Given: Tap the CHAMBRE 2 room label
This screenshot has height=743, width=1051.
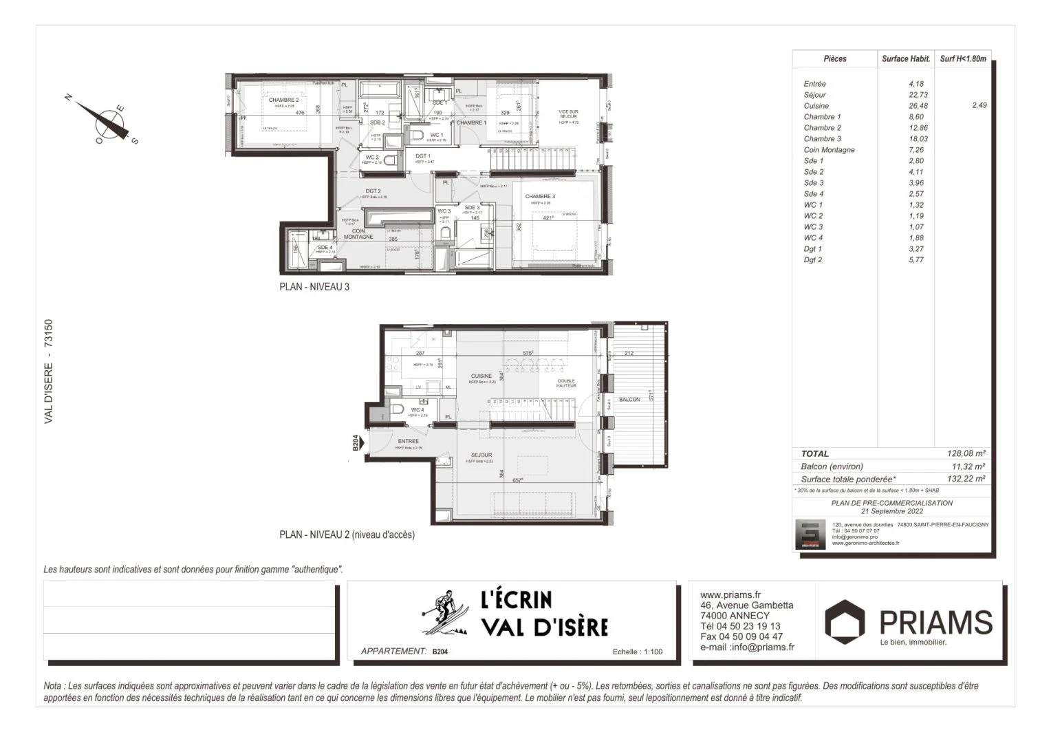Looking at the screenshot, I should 283,100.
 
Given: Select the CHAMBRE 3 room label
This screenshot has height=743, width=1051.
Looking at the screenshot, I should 540,197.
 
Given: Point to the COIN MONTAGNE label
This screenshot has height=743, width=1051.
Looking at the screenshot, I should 358,234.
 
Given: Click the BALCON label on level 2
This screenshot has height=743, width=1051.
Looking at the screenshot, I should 629,400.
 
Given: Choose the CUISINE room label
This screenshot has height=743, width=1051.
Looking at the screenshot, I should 481,376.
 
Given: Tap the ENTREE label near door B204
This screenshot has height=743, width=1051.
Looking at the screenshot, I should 408,442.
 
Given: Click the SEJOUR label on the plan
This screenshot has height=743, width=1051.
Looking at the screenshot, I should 481,455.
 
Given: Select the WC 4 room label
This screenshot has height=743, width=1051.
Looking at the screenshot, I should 418,410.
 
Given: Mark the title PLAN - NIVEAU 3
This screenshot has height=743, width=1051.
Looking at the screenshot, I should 314,287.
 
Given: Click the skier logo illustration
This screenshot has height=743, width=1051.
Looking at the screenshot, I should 442,612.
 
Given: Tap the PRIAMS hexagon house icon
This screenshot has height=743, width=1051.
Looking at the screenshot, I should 845,621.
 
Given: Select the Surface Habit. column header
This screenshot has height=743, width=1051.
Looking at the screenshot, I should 906,59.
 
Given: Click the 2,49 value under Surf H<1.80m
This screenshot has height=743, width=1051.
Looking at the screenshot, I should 979,106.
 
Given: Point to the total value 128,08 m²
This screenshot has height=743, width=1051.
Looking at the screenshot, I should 966,454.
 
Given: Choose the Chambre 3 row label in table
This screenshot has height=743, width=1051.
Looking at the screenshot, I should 822,139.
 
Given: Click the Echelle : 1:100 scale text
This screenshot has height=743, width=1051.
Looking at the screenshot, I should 637,652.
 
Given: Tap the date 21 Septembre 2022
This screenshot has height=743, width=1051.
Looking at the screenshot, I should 891,512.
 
